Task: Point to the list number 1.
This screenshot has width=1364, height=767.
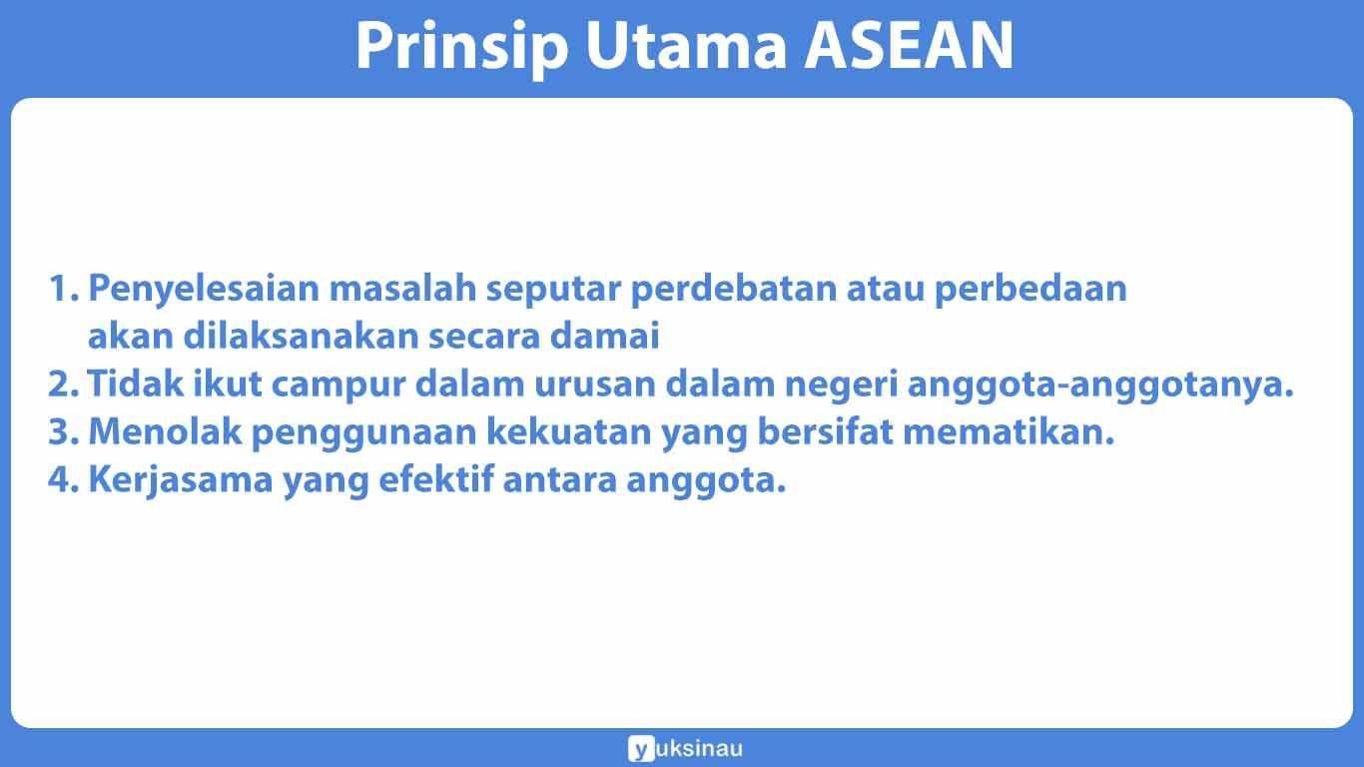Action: (x=62, y=290)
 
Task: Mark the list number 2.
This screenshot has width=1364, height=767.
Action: (x=62, y=385)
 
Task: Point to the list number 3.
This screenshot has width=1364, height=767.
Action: (x=62, y=433)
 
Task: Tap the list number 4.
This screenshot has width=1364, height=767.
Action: (x=62, y=481)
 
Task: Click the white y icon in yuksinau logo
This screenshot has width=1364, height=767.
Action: (x=639, y=748)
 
